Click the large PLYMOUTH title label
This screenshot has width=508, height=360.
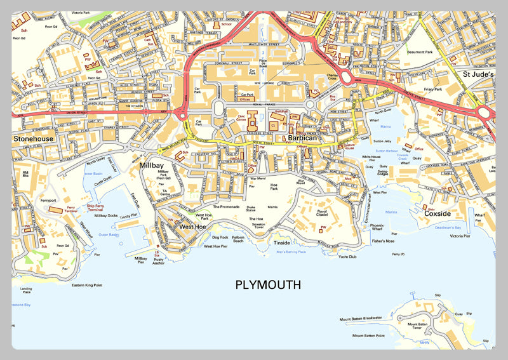tap(268, 285)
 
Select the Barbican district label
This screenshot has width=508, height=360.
tap(302, 137)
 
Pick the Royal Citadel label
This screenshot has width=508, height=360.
tap(322, 214)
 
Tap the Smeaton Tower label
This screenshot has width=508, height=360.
tap(258, 227)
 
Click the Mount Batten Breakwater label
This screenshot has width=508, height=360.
tap(360, 317)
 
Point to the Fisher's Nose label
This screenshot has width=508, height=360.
tap(383, 241)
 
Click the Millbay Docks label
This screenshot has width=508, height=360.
tap(106, 216)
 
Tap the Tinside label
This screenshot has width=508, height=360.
tap(281, 243)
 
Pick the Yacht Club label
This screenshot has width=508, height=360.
tap(347, 258)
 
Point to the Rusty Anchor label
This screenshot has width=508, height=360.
tap(159, 262)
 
